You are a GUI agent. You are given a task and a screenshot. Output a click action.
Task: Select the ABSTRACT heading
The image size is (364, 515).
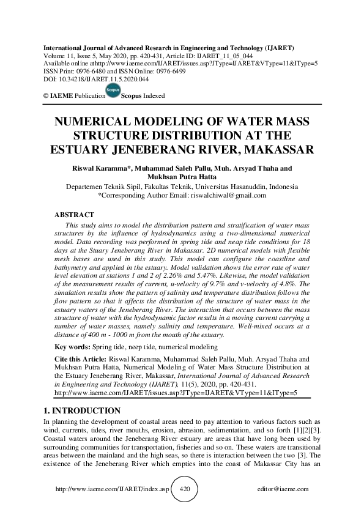[x=74, y=215]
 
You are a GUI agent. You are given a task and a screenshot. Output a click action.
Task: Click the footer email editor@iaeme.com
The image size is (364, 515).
[x=283, y=490]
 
